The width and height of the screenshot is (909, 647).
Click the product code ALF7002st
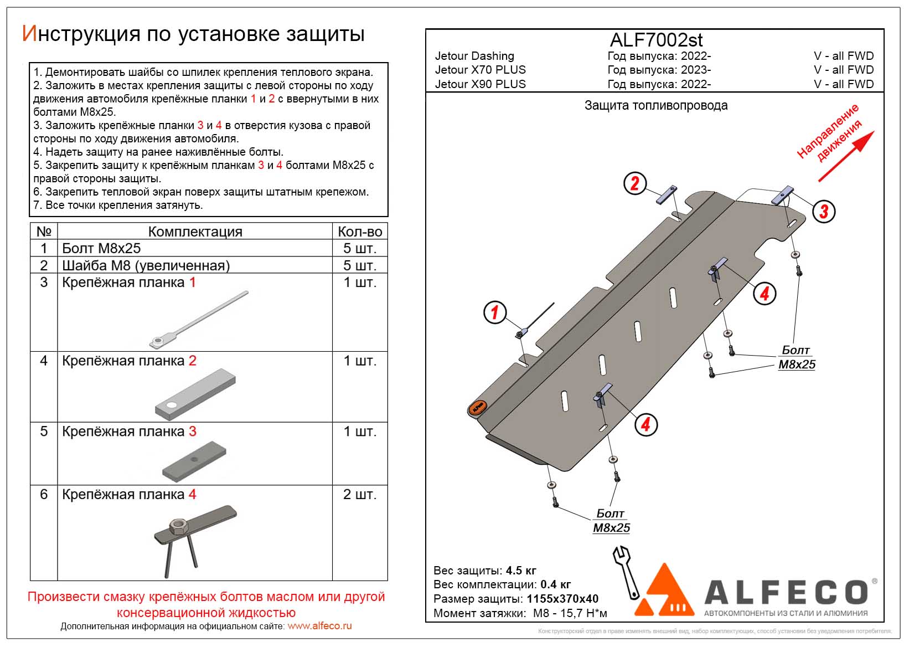(x=656, y=40)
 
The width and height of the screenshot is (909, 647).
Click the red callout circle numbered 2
(x=634, y=183)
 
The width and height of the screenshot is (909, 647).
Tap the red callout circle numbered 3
(x=824, y=211)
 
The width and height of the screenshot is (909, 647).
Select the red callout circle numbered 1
(x=494, y=312)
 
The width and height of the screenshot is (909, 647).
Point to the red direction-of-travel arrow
(x=846, y=157)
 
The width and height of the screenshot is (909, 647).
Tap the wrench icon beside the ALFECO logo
(x=626, y=571)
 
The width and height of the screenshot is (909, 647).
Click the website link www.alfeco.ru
(x=319, y=626)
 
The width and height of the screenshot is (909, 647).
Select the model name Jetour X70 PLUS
(x=480, y=70)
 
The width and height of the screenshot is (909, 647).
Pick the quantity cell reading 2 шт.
(x=359, y=494)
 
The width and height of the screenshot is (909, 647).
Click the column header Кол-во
(x=360, y=232)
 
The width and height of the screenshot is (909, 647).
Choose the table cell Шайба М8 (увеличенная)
(x=146, y=265)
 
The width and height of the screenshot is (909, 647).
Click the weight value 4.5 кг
(x=521, y=571)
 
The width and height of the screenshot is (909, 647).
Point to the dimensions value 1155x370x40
(x=562, y=599)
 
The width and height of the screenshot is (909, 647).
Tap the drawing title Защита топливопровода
(x=656, y=105)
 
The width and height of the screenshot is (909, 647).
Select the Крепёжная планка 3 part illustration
(x=194, y=461)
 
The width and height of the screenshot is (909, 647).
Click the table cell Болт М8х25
(x=101, y=248)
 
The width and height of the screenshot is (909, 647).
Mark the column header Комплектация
(x=195, y=232)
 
